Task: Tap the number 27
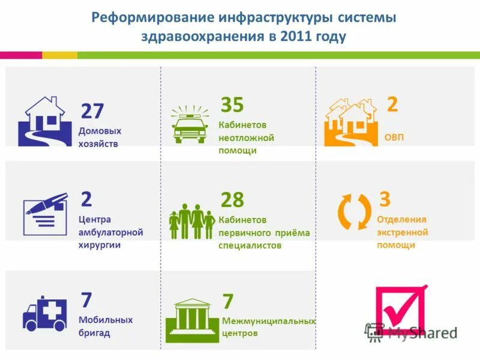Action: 92,111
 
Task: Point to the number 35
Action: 232,105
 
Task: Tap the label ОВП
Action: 394,137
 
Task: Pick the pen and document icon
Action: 45,214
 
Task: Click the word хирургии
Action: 100,245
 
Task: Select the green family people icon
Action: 192,221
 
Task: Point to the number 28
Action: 232,200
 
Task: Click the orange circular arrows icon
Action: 354,211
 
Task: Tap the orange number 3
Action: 385,198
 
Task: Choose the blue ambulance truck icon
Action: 45,314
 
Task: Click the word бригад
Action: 94,333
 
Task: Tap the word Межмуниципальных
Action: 268,321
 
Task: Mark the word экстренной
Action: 402,232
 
